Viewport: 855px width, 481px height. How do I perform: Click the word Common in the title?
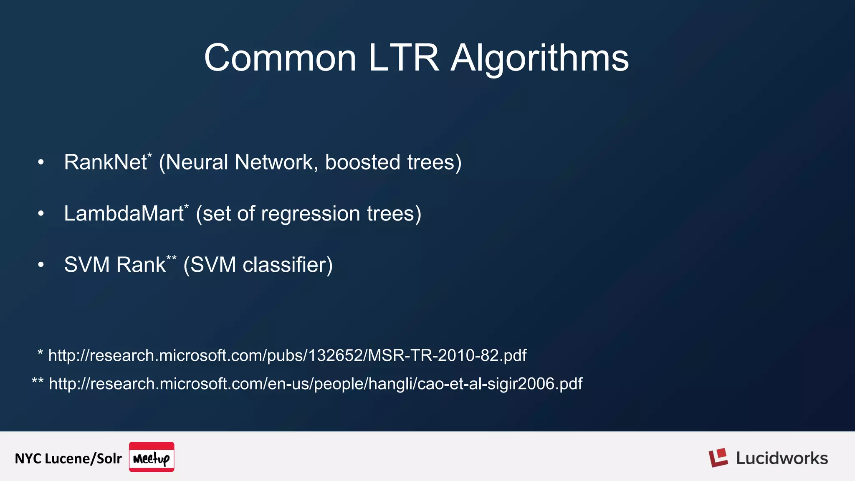point(280,58)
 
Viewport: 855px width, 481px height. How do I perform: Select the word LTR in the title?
point(403,58)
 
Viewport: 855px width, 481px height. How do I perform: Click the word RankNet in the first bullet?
point(105,162)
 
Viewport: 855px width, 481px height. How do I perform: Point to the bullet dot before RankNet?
point(40,162)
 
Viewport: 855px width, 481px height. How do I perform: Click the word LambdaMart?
point(124,214)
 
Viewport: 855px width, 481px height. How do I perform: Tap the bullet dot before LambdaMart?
point(40,214)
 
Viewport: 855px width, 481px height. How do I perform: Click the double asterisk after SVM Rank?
point(172,258)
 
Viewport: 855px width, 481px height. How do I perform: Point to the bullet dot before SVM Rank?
point(40,265)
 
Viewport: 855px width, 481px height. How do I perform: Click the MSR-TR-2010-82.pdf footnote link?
point(287,356)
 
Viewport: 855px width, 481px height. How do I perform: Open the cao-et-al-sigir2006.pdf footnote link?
point(315,384)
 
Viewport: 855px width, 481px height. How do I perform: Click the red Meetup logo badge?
point(152,457)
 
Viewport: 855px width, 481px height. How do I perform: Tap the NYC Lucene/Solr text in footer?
point(68,458)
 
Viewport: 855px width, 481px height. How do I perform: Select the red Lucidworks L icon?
point(718,458)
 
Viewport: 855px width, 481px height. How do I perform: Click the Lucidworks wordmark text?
point(782,458)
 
